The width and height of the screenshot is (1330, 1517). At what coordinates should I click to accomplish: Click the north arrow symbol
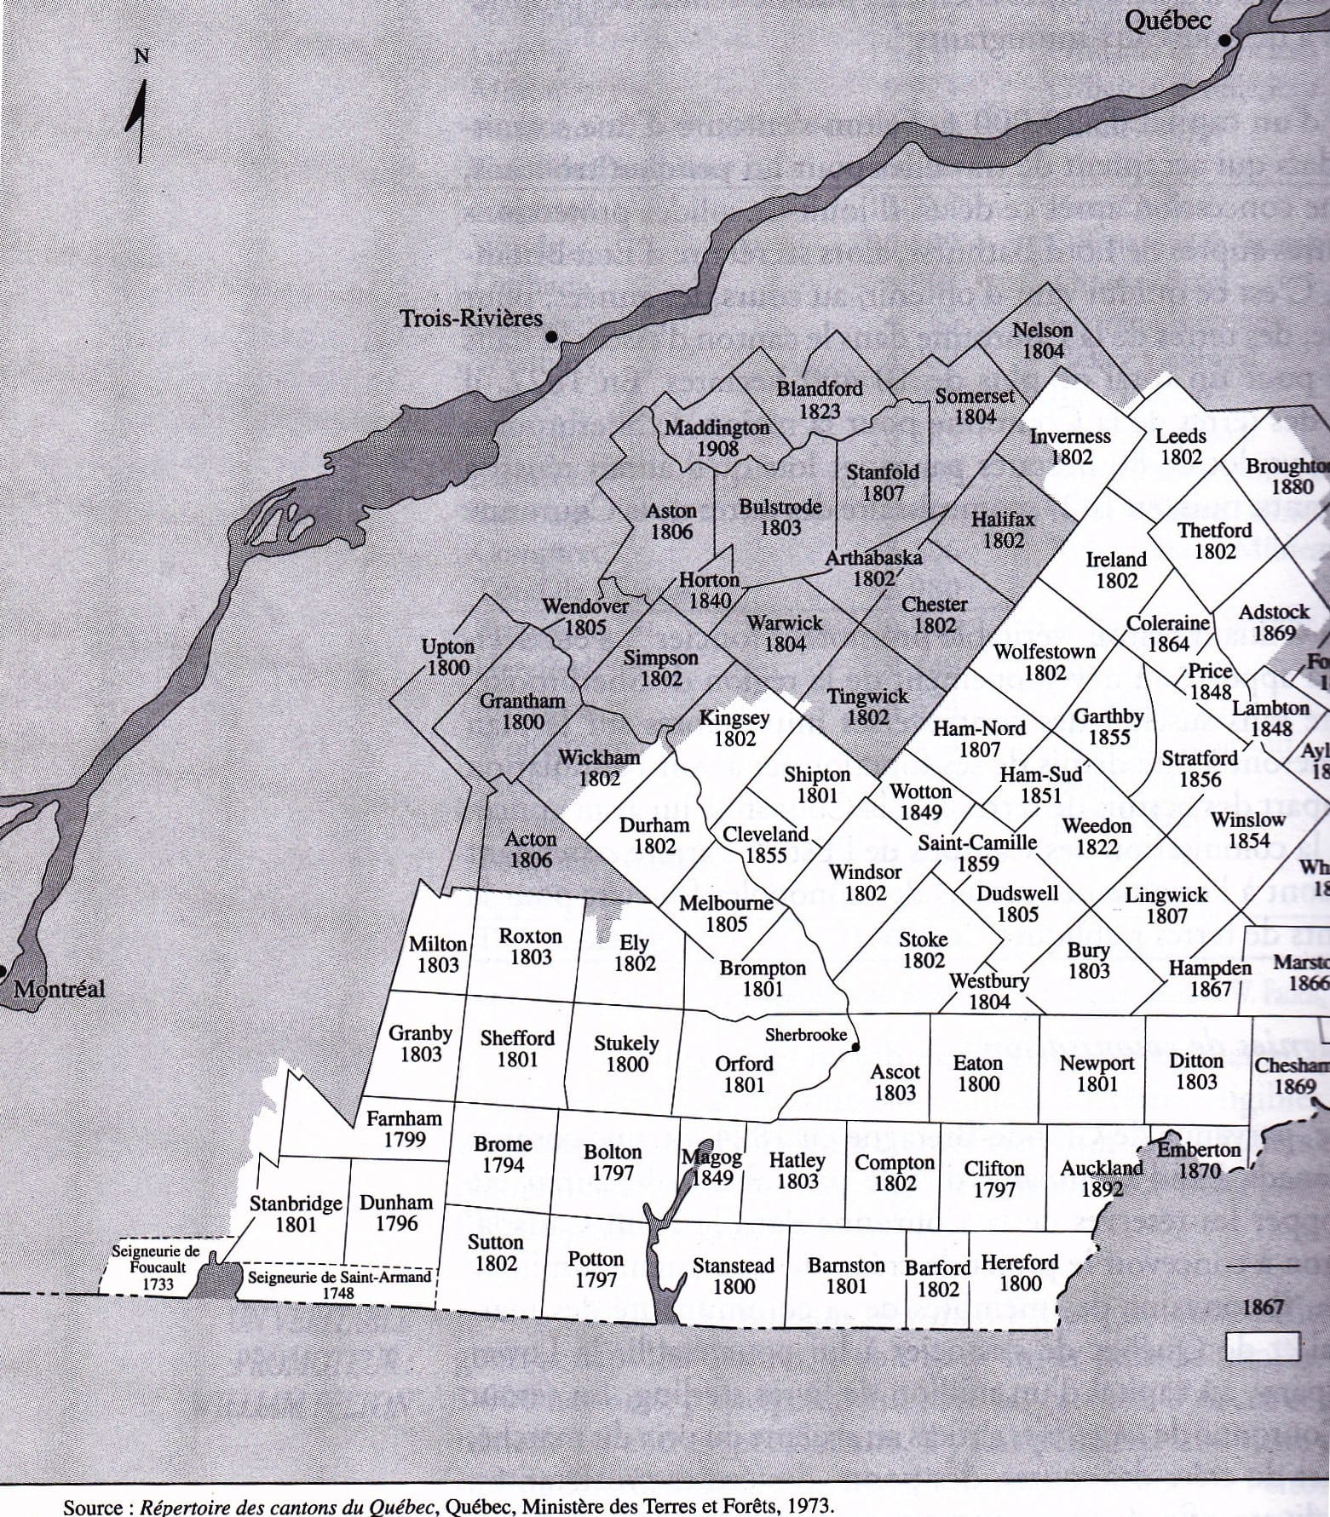click(139, 119)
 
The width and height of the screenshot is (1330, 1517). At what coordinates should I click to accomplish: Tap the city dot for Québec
click(1225, 40)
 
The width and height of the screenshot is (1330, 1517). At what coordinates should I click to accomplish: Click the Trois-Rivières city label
click(471, 319)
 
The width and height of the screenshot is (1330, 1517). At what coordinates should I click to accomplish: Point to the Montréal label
click(59, 989)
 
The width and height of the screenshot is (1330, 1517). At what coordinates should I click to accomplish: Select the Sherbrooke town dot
click(855, 1047)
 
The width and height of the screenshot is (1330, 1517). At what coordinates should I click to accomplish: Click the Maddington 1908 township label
click(717, 437)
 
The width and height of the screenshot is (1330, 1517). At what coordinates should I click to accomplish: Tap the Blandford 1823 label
click(820, 399)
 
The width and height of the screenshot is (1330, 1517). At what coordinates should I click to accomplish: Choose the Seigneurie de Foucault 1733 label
click(156, 1267)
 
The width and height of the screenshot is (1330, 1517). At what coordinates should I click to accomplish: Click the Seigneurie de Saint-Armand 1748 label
click(338, 1284)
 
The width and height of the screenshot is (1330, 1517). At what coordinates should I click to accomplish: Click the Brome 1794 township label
click(503, 1154)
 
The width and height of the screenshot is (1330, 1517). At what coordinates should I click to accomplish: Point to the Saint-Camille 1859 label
click(977, 853)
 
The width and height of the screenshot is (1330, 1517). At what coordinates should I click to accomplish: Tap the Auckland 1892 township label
click(1102, 1178)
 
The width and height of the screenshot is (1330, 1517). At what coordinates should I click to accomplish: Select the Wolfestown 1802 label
click(1045, 662)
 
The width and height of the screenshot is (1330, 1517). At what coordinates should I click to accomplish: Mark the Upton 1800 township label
click(448, 657)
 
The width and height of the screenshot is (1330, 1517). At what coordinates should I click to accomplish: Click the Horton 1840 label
click(710, 589)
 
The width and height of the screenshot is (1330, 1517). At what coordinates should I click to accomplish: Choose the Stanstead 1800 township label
click(734, 1275)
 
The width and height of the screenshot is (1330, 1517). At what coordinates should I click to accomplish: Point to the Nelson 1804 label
click(1043, 340)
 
